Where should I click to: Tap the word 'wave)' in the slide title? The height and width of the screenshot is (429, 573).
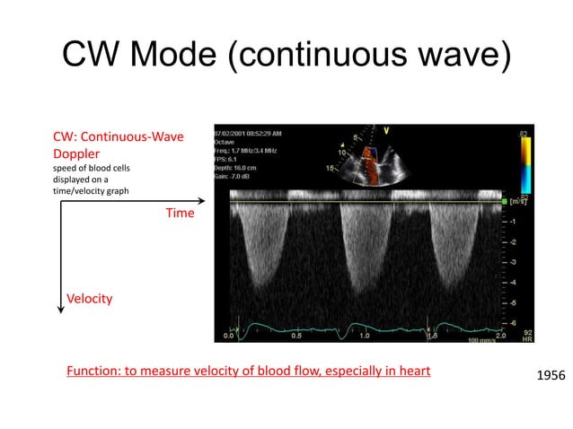coord(455,58)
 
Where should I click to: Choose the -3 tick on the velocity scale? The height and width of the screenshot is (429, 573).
coord(512,262)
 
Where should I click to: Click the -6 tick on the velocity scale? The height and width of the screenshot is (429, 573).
coord(512,322)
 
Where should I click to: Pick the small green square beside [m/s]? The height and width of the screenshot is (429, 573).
coord(505,202)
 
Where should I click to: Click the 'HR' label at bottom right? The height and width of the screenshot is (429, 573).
coord(527,339)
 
